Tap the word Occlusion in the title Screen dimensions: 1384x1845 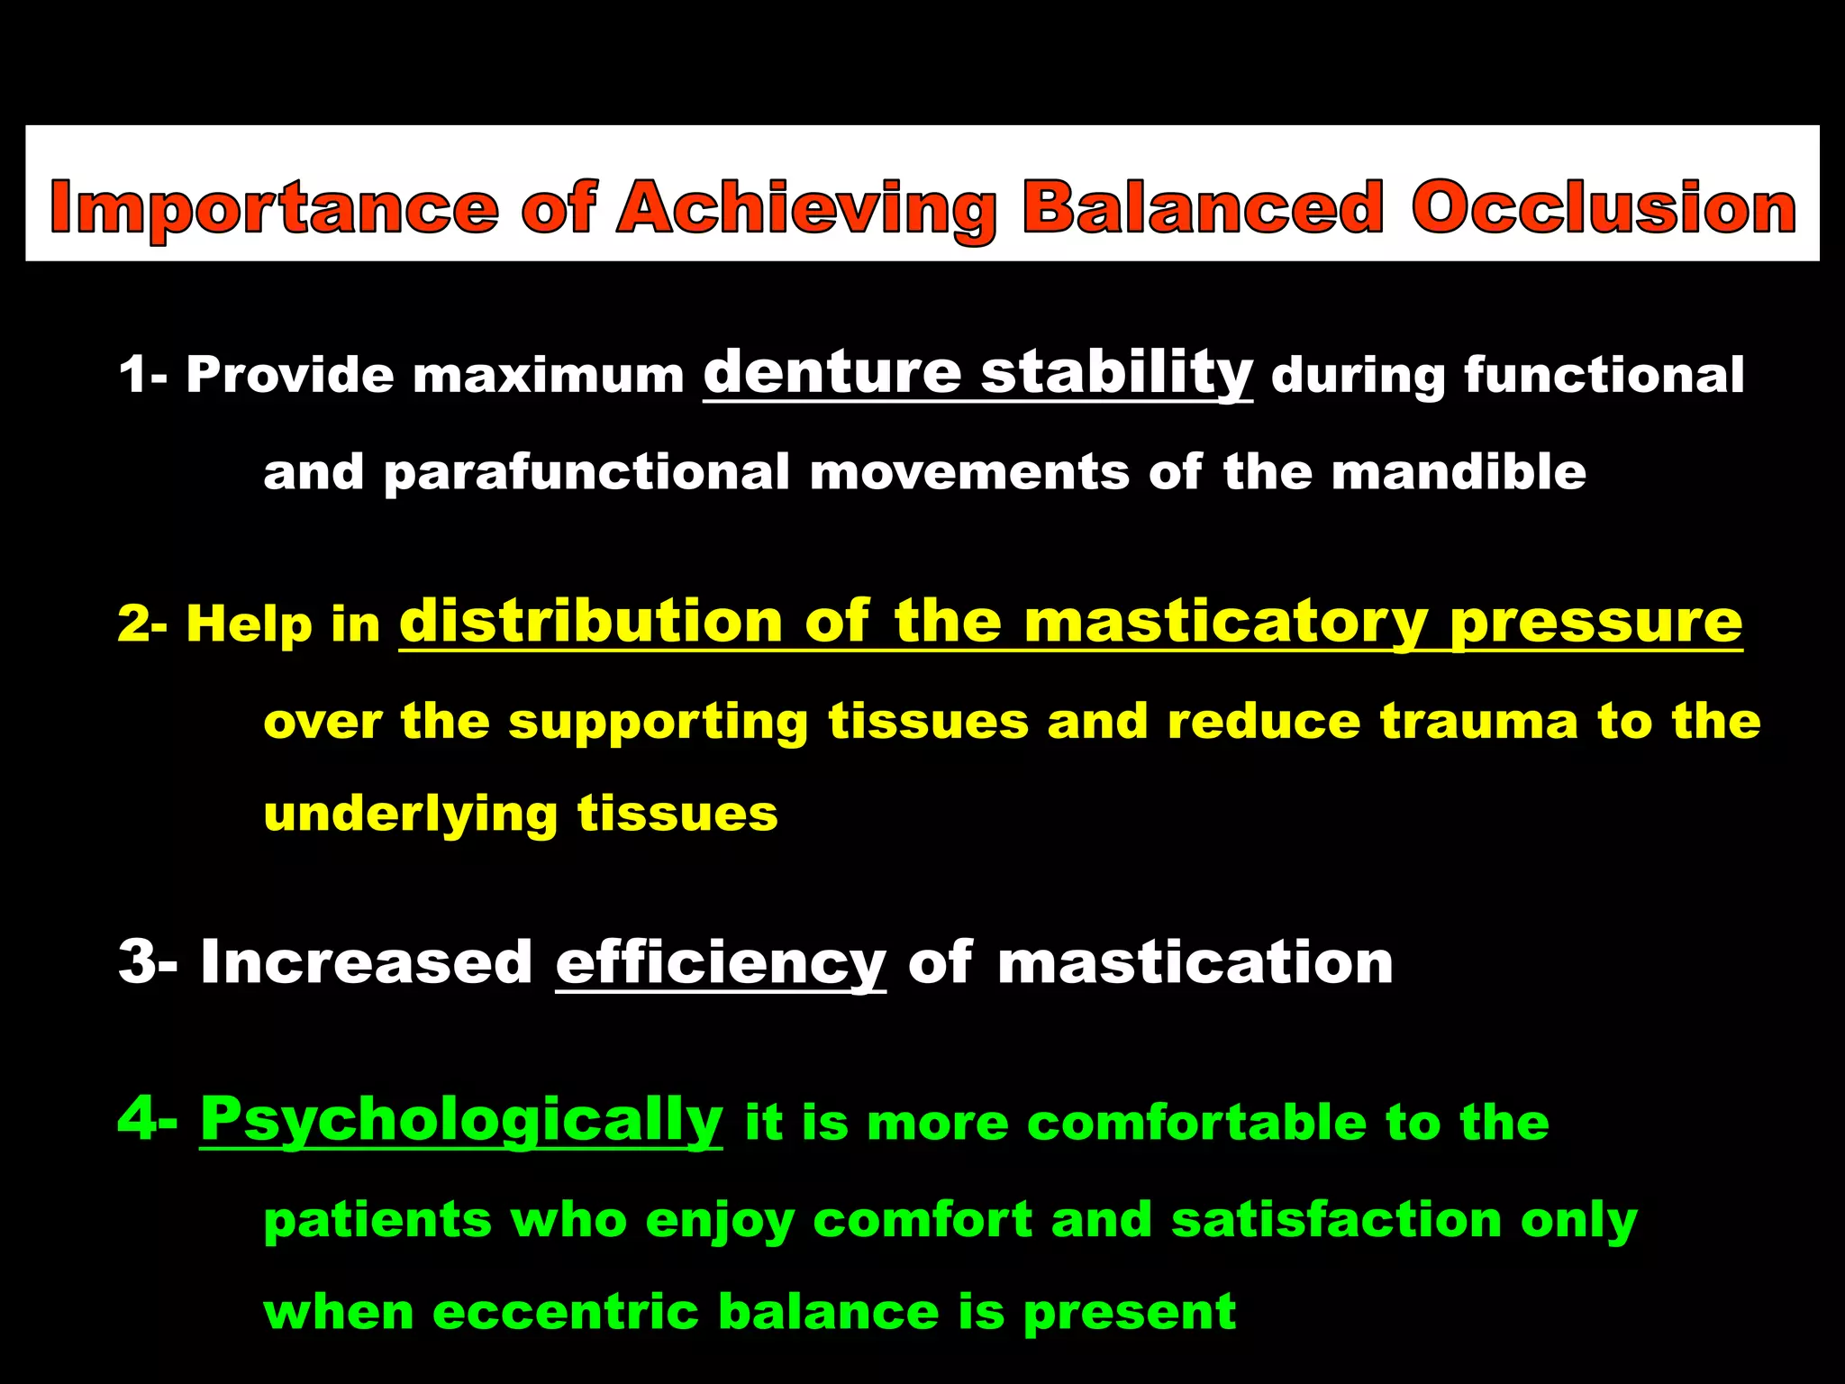click(x=1604, y=208)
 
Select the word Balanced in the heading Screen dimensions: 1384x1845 click(x=1203, y=208)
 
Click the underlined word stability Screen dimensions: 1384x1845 click(x=1116, y=374)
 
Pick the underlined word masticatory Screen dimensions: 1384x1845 click(x=1225, y=624)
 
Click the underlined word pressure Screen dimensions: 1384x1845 click(x=1595, y=624)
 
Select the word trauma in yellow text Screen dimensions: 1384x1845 click(x=1478, y=722)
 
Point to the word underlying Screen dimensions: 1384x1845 click(x=410, y=815)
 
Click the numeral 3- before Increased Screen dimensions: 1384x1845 click(x=148, y=962)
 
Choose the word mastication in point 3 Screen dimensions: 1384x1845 click(x=1195, y=962)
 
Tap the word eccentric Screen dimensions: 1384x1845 click(x=565, y=1312)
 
